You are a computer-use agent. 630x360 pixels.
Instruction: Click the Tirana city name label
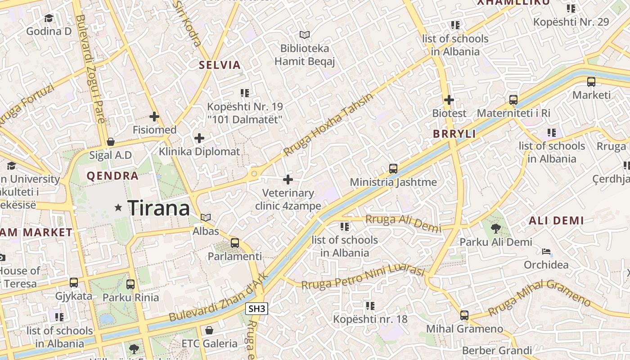[x=159, y=208]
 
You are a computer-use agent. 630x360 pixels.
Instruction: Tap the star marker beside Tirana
[x=118, y=207]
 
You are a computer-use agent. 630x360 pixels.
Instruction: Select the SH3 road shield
[x=257, y=309]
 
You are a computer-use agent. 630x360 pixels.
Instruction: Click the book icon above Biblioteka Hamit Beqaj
[x=305, y=35]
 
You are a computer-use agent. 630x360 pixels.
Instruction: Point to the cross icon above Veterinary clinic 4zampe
[x=288, y=180]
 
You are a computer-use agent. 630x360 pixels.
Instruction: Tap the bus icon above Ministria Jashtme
[x=393, y=169]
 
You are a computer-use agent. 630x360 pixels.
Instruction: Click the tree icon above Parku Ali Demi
[x=495, y=229]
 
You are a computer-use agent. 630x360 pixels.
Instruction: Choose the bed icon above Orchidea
[x=546, y=251]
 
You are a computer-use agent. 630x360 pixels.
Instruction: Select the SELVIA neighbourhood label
[x=220, y=65]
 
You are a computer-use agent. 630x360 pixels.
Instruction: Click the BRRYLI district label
[x=454, y=134]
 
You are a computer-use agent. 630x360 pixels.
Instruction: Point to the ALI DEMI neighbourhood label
[x=556, y=220]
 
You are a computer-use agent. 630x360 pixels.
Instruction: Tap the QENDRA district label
[x=112, y=176]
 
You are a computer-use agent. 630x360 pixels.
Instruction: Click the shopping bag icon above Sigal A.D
[x=111, y=142]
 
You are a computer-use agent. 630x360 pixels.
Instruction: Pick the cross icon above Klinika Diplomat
[x=199, y=138]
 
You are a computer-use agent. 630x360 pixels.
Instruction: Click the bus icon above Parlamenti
[x=234, y=243]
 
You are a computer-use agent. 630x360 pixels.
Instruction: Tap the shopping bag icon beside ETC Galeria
[x=209, y=330]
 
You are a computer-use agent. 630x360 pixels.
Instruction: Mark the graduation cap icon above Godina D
[x=49, y=18]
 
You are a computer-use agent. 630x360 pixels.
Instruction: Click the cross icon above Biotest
[x=449, y=100]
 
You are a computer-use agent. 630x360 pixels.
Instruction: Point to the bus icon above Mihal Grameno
[x=464, y=315]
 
